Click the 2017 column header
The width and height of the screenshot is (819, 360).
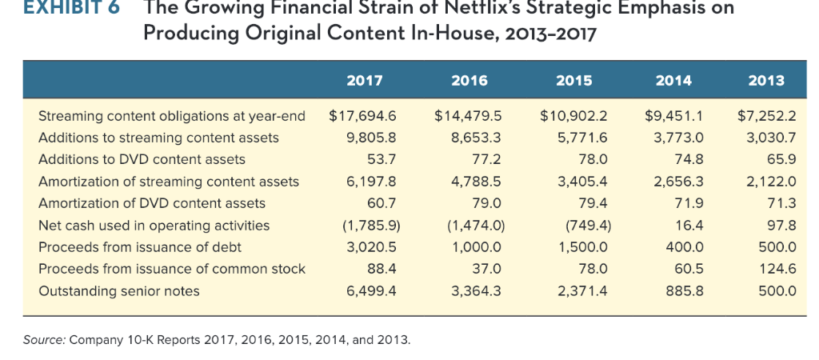coord(365,80)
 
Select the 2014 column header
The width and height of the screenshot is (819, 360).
coord(674,80)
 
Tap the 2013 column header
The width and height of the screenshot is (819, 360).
coord(767,80)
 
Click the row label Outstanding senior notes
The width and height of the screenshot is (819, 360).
coord(119,291)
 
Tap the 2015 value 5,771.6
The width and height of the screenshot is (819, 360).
coord(583,138)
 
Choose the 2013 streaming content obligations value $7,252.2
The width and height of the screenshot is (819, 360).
coord(766,116)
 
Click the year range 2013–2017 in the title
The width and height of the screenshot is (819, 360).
coord(541,34)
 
